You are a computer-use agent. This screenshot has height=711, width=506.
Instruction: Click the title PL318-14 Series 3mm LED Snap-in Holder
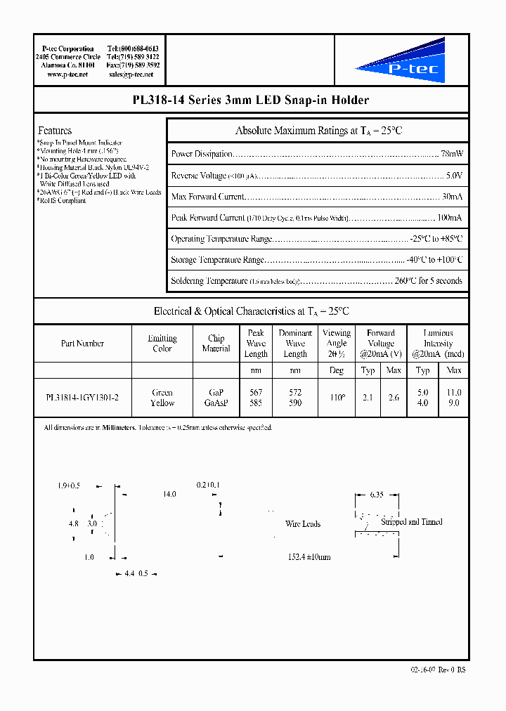pyautogui.click(x=251, y=100)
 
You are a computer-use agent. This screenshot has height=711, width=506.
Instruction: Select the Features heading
pyautogui.click(x=55, y=131)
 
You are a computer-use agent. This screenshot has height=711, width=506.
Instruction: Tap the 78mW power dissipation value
pyautogui.click(x=451, y=154)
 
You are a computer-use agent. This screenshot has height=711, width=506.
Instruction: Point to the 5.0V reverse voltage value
pyautogui.click(x=454, y=175)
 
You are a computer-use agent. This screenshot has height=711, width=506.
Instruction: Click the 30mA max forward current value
pyautogui.click(x=452, y=196)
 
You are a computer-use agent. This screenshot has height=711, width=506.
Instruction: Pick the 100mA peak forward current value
pyautogui.click(x=449, y=218)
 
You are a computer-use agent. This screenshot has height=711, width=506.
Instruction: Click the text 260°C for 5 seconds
pyautogui.click(x=429, y=281)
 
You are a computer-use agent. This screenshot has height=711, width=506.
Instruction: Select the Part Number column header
pyautogui.click(x=82, y=344)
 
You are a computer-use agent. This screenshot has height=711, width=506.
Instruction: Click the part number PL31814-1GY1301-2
pyautogui.click(x=82, y=398)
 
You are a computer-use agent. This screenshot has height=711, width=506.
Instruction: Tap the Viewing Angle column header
pyautogui.click(x=337, y=343)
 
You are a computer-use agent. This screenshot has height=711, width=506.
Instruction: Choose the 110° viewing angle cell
pyautogui.click(x=337, y=398)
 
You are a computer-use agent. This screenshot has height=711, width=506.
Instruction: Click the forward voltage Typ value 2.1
pyautogui.click(x=368, y=398)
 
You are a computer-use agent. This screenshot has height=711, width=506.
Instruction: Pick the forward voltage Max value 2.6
pyautogui.click(x=394, y=398)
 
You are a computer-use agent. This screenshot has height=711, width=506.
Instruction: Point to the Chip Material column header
pyautogui.click(x=216, y=343)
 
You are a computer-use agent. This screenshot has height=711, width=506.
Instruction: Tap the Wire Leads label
pyautogui.click(x=303, y=524)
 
